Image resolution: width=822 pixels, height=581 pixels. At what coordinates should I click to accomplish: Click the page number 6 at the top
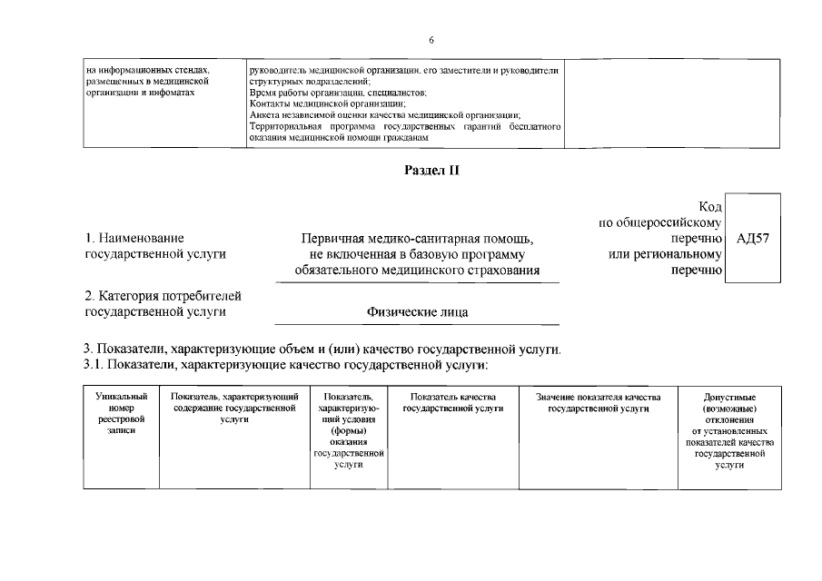(x=431, y=40)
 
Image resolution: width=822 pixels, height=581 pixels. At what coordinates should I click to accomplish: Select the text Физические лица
(x=417, y=311)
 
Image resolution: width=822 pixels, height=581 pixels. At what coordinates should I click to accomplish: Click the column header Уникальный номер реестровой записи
(x=121, y=414)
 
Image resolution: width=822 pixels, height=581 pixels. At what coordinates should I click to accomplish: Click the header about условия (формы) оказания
(x=349, y=431)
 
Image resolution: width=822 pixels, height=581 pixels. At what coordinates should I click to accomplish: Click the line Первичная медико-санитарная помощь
(x=417, y=239)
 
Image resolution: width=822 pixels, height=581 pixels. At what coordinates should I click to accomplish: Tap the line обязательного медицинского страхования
(x=417, y=271)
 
